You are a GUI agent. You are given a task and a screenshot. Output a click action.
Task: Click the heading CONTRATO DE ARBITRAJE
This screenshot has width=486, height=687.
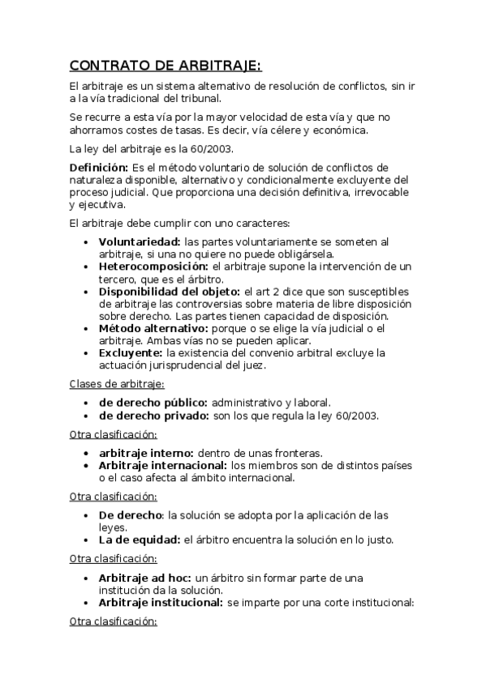click(x=166, y=66)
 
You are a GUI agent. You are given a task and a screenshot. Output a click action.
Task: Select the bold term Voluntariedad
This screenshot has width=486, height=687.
click(x=140, y=241)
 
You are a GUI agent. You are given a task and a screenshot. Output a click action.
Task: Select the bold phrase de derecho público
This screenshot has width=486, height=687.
click(x=153, y=403)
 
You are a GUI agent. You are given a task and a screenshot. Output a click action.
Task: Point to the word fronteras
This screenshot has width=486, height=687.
click(x=299, y=452)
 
